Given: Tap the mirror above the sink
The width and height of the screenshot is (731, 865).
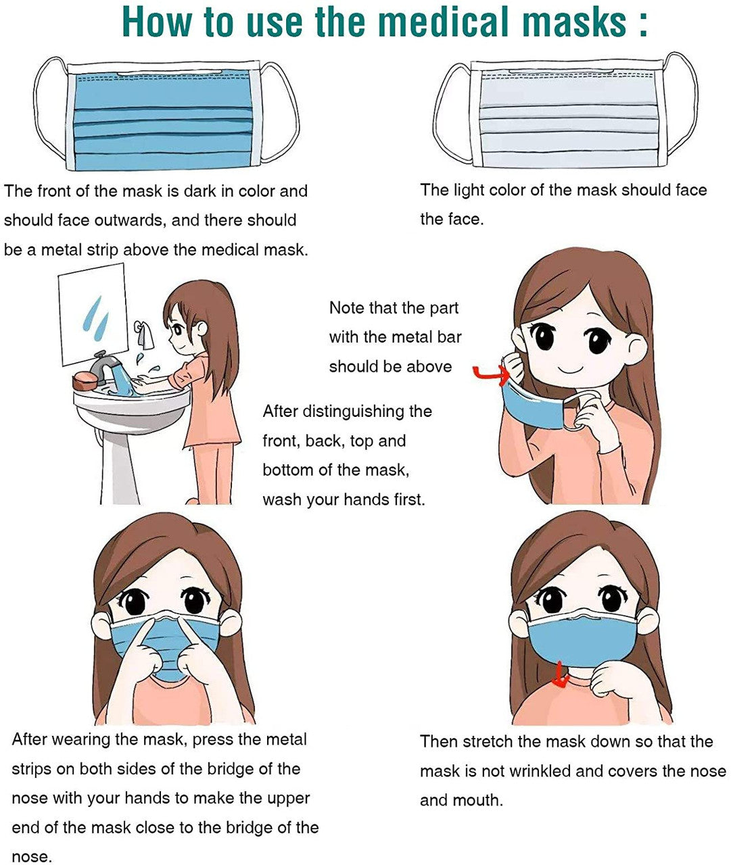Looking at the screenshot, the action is (93, 314).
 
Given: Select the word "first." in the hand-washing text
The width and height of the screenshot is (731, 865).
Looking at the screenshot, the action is (409, 499).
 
